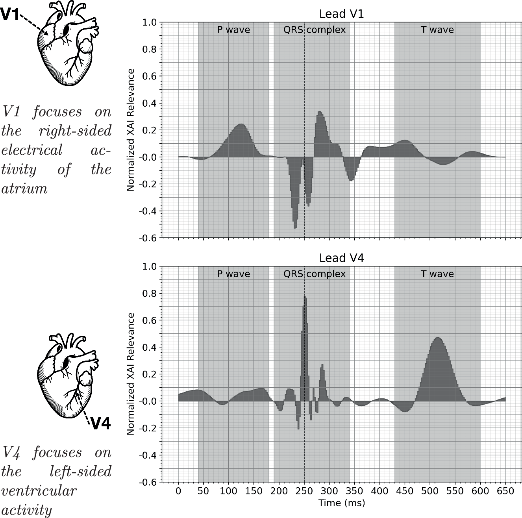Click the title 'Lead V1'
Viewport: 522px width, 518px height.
[341, 14]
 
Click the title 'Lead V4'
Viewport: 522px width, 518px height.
[341, 258]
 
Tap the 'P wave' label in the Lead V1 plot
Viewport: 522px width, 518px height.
[233, 30]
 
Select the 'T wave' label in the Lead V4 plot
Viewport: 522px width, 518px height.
[437, 274]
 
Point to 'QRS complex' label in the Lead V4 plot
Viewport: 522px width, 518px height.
[315, 274]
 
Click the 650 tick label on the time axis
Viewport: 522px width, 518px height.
[505, 491]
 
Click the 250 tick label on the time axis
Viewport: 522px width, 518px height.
[304, 491]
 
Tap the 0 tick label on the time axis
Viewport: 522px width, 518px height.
[178, 491]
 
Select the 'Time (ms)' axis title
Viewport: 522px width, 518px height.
[341, 503]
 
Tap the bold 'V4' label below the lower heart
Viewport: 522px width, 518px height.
[100, 424]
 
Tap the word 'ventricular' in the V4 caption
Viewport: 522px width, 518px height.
[39, 491]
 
